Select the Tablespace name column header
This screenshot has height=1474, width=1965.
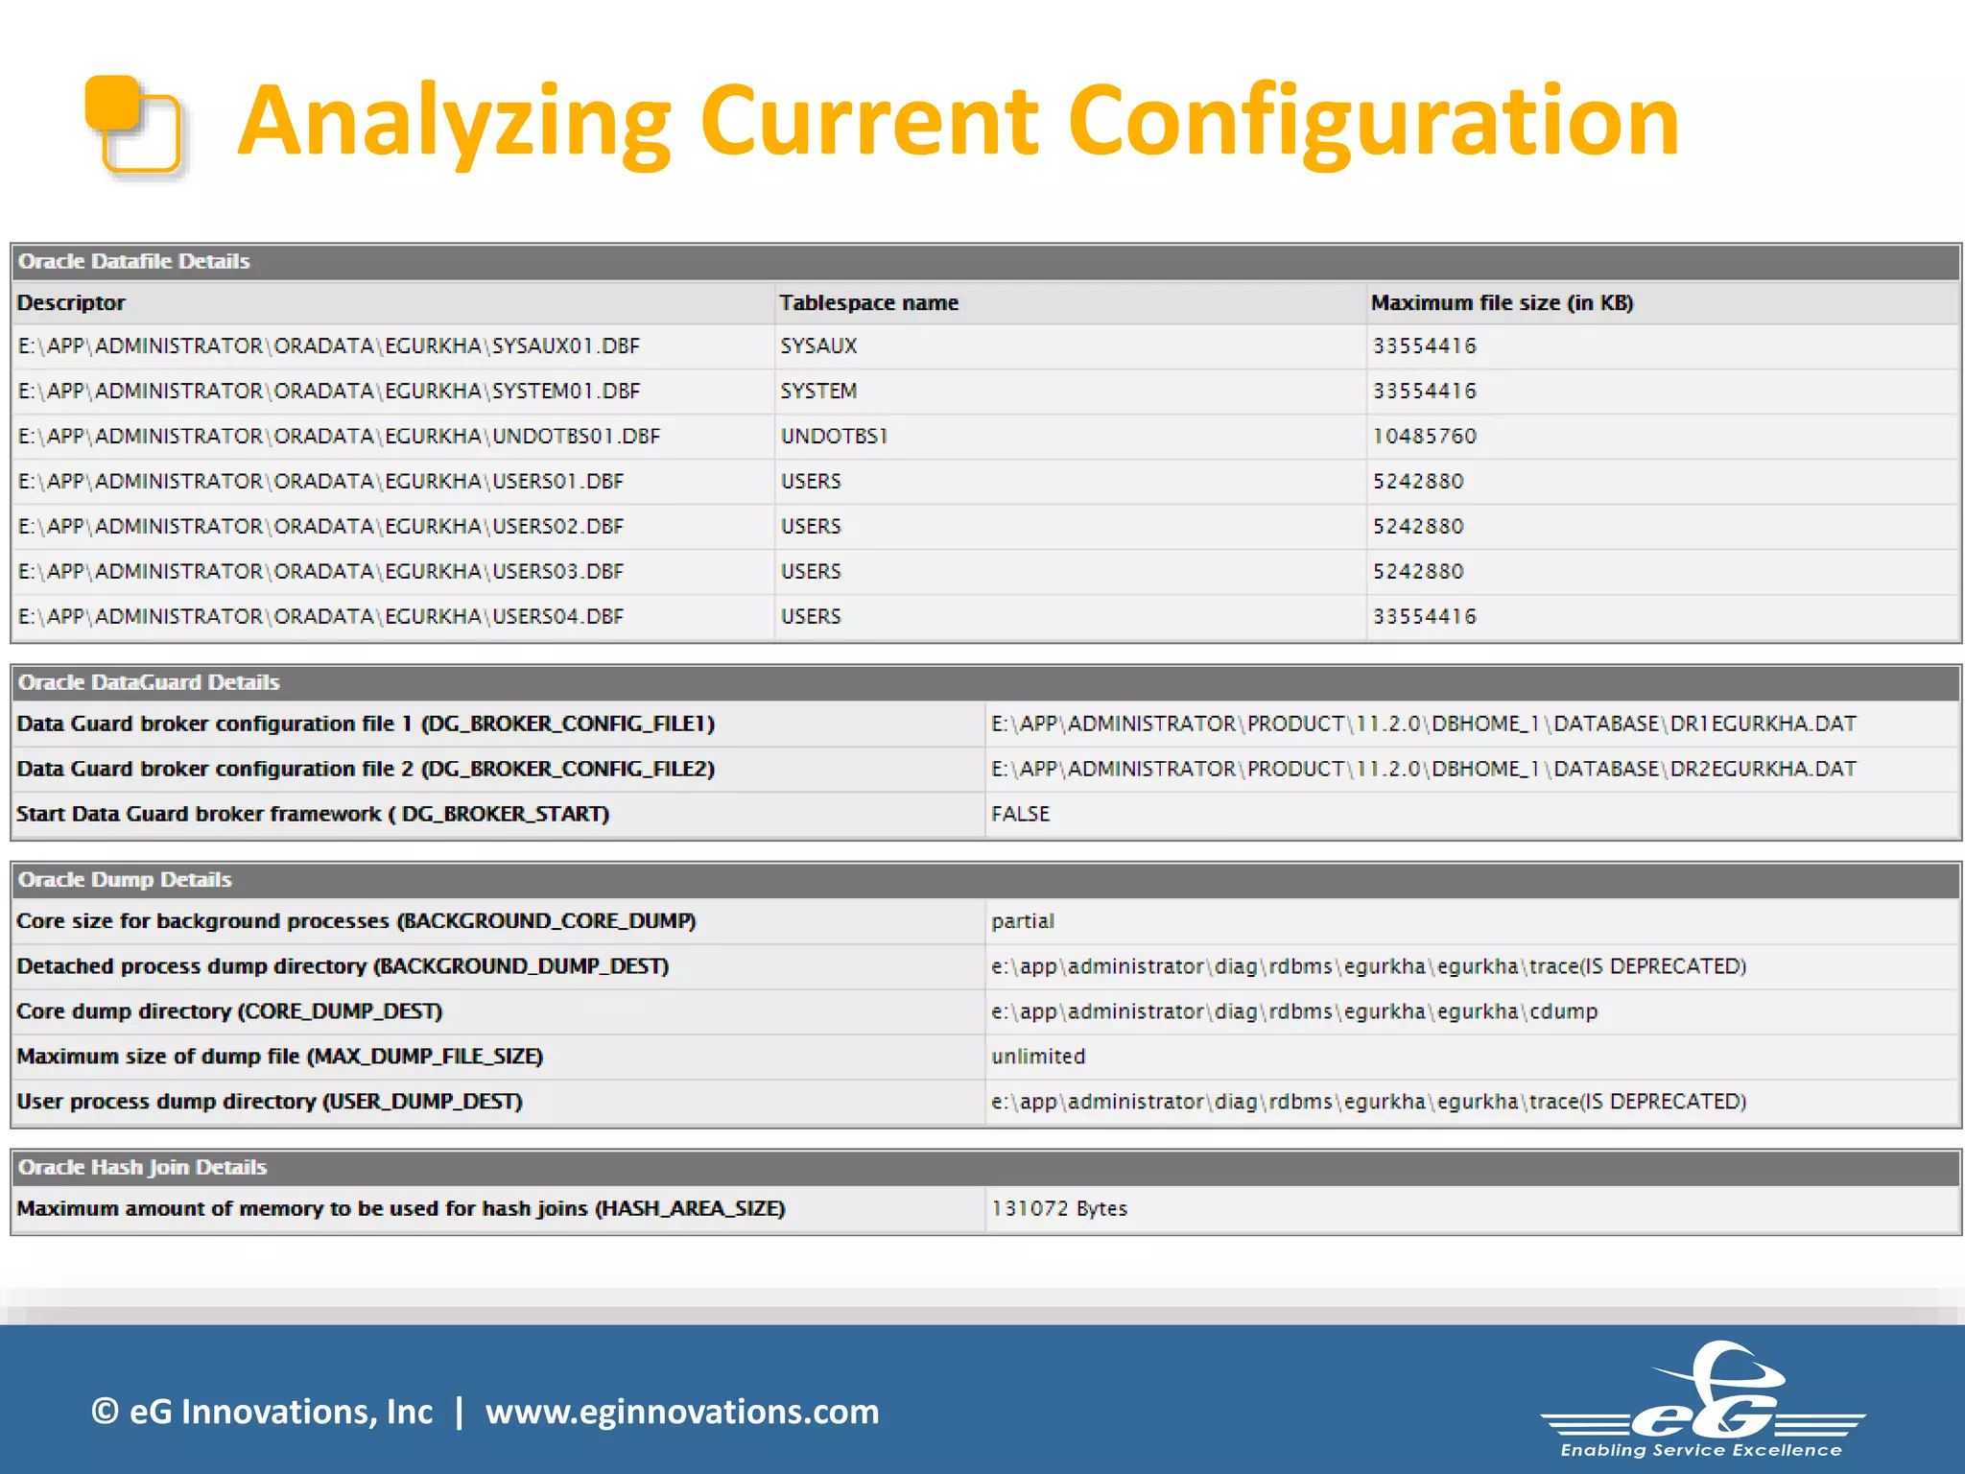point(868,303)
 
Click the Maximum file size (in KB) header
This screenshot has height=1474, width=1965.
point(1502,303)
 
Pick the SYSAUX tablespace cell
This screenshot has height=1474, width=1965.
point(818,346)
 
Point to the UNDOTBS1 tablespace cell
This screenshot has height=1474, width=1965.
point(834,437)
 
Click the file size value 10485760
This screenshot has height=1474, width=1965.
point(1424,437)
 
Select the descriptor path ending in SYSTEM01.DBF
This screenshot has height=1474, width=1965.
point(328,392)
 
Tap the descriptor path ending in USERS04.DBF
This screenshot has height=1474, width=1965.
point(320,617)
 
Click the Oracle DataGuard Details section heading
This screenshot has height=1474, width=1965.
point(149,682)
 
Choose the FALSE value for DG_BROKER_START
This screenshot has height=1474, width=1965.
point(1020,815)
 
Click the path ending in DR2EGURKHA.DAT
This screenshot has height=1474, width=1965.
point(1423,770)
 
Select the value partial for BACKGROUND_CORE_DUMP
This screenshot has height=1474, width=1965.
point(1022,922)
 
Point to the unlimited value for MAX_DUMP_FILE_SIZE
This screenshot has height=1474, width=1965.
point(1037,1058)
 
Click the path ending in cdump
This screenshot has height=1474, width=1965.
point(1293,1012)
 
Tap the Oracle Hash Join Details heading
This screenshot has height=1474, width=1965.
point(142,1168)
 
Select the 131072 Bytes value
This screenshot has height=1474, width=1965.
point(1058,1209)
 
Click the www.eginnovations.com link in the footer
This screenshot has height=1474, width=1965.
point(681,1412)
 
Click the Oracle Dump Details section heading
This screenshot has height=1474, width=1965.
point(125,880)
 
